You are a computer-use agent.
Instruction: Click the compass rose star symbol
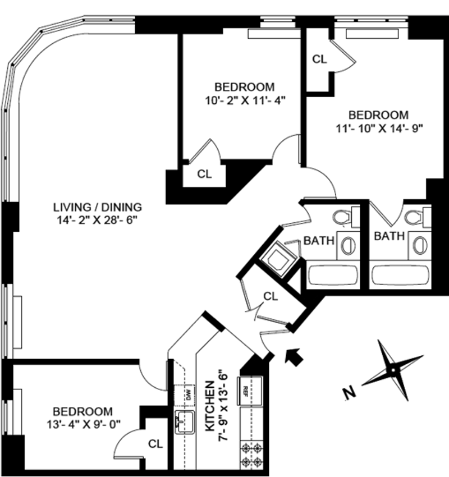[392, 370]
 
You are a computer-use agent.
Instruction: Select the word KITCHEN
[209, 406]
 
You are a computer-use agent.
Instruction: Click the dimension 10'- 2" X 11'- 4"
[245, 101]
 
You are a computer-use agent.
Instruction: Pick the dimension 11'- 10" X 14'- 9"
[377, 127]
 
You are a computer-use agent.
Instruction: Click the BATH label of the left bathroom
[319, 241]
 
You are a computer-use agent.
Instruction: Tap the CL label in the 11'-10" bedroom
[319, 58]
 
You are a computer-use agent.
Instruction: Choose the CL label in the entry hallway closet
[271, 295]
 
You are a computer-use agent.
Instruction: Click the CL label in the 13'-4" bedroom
[155, 444]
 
